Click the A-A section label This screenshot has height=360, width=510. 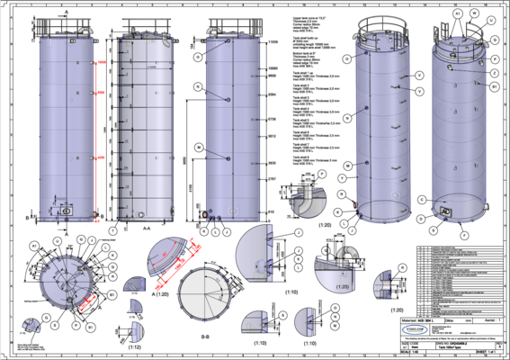click(145, 229)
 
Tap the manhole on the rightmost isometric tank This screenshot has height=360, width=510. click(445, 211)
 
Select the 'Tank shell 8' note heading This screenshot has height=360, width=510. click(298, 157)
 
